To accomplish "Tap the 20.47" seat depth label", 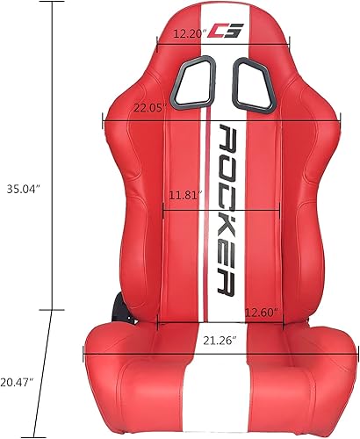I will click(18, 382).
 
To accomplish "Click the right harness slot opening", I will click(254, 84).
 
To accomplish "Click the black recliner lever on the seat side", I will click(119, 309).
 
